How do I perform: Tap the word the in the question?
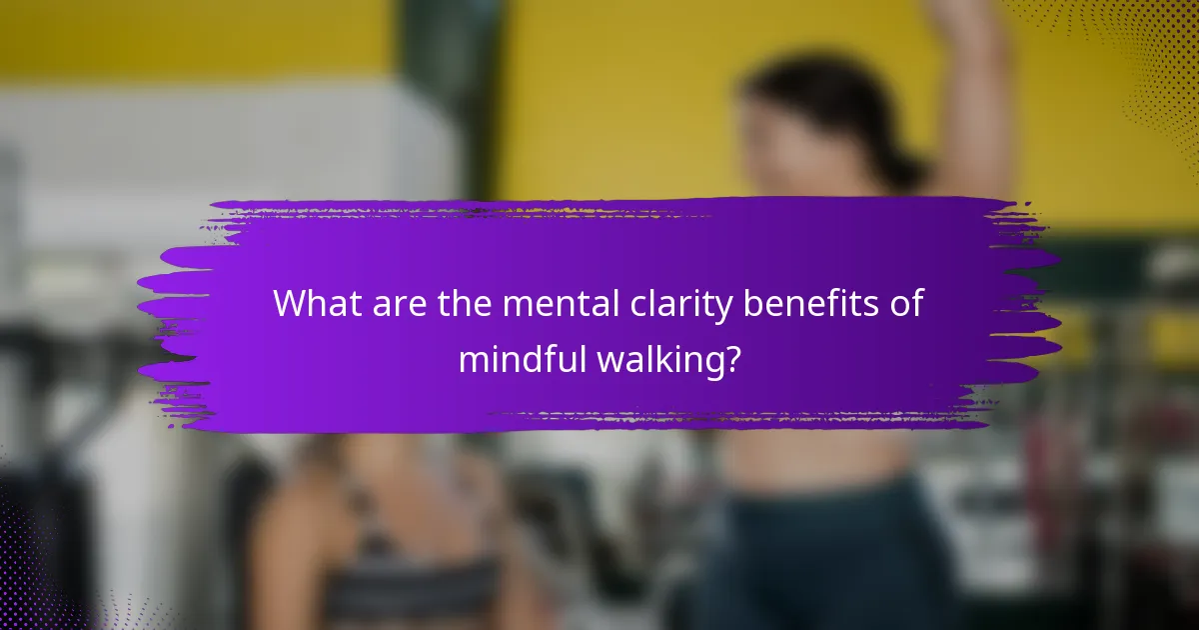[x=467, y=303]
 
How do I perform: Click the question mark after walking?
[x=732, y=359]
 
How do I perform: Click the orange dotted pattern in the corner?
[x=1149, y=60]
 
